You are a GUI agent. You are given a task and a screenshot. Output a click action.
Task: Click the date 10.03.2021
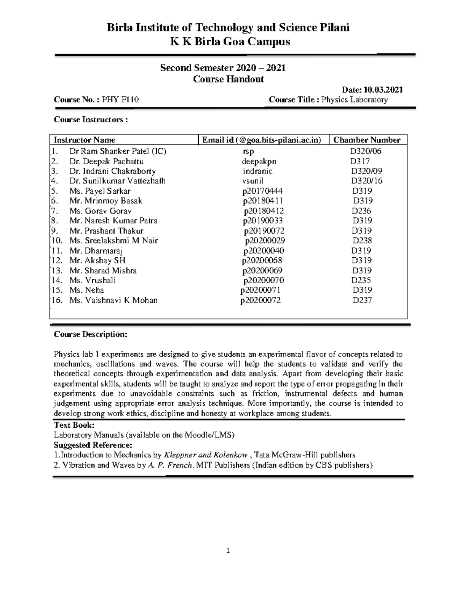coord(383,90)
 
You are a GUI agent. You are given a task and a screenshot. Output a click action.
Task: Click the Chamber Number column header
coord(367,140)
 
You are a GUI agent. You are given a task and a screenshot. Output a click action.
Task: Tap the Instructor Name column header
coord(85,140)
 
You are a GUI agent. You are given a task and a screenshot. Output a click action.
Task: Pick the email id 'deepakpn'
coord(259,161)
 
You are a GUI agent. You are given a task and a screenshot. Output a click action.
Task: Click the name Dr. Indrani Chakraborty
coord(112,171)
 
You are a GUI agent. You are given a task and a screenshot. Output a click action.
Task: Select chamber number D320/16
coord(366,181)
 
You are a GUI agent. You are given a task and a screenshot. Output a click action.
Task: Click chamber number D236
coord(361,211)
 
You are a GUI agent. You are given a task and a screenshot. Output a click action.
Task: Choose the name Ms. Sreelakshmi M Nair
coord(113,241)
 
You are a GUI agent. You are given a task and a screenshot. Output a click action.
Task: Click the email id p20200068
coord(262,260)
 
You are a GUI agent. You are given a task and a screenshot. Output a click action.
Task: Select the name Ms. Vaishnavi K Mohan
coord(113,300)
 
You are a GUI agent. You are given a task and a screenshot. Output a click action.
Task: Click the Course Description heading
coord(90,334)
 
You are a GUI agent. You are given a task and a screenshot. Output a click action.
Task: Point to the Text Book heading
coord(74,425)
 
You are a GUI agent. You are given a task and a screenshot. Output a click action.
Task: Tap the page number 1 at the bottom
coord(228,550)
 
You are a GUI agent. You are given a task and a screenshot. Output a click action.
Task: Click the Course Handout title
coord(228,79)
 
